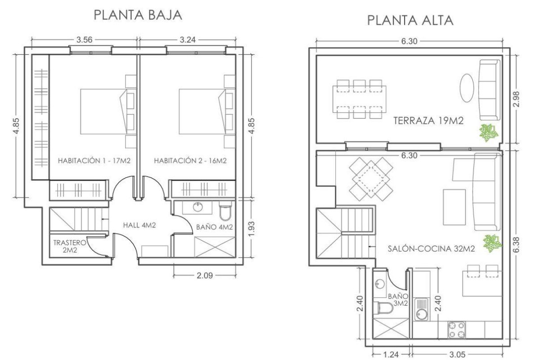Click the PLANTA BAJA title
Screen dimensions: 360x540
click(x=138, y=15)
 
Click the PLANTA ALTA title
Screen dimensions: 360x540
click(x=410, y=20)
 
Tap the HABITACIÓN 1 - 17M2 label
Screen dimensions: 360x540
click(x=94, y=161)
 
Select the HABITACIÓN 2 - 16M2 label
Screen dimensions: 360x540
click(x=189, y=161)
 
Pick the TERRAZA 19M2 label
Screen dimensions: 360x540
click(x=428, y=121)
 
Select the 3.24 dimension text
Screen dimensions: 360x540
click(x=187, y=40)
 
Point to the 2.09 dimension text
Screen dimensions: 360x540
click(x=205, y=274)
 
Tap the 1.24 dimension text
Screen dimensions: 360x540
click(x=391, y=354)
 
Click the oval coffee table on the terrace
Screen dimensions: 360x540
click(x=466, y=88)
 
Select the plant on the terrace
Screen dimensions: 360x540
click(x=488, y=133)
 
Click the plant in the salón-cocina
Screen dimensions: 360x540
click(x=492, y=243)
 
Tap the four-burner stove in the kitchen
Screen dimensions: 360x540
click(x=458, y=330)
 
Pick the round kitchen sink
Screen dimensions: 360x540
click(x=422, y=315)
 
